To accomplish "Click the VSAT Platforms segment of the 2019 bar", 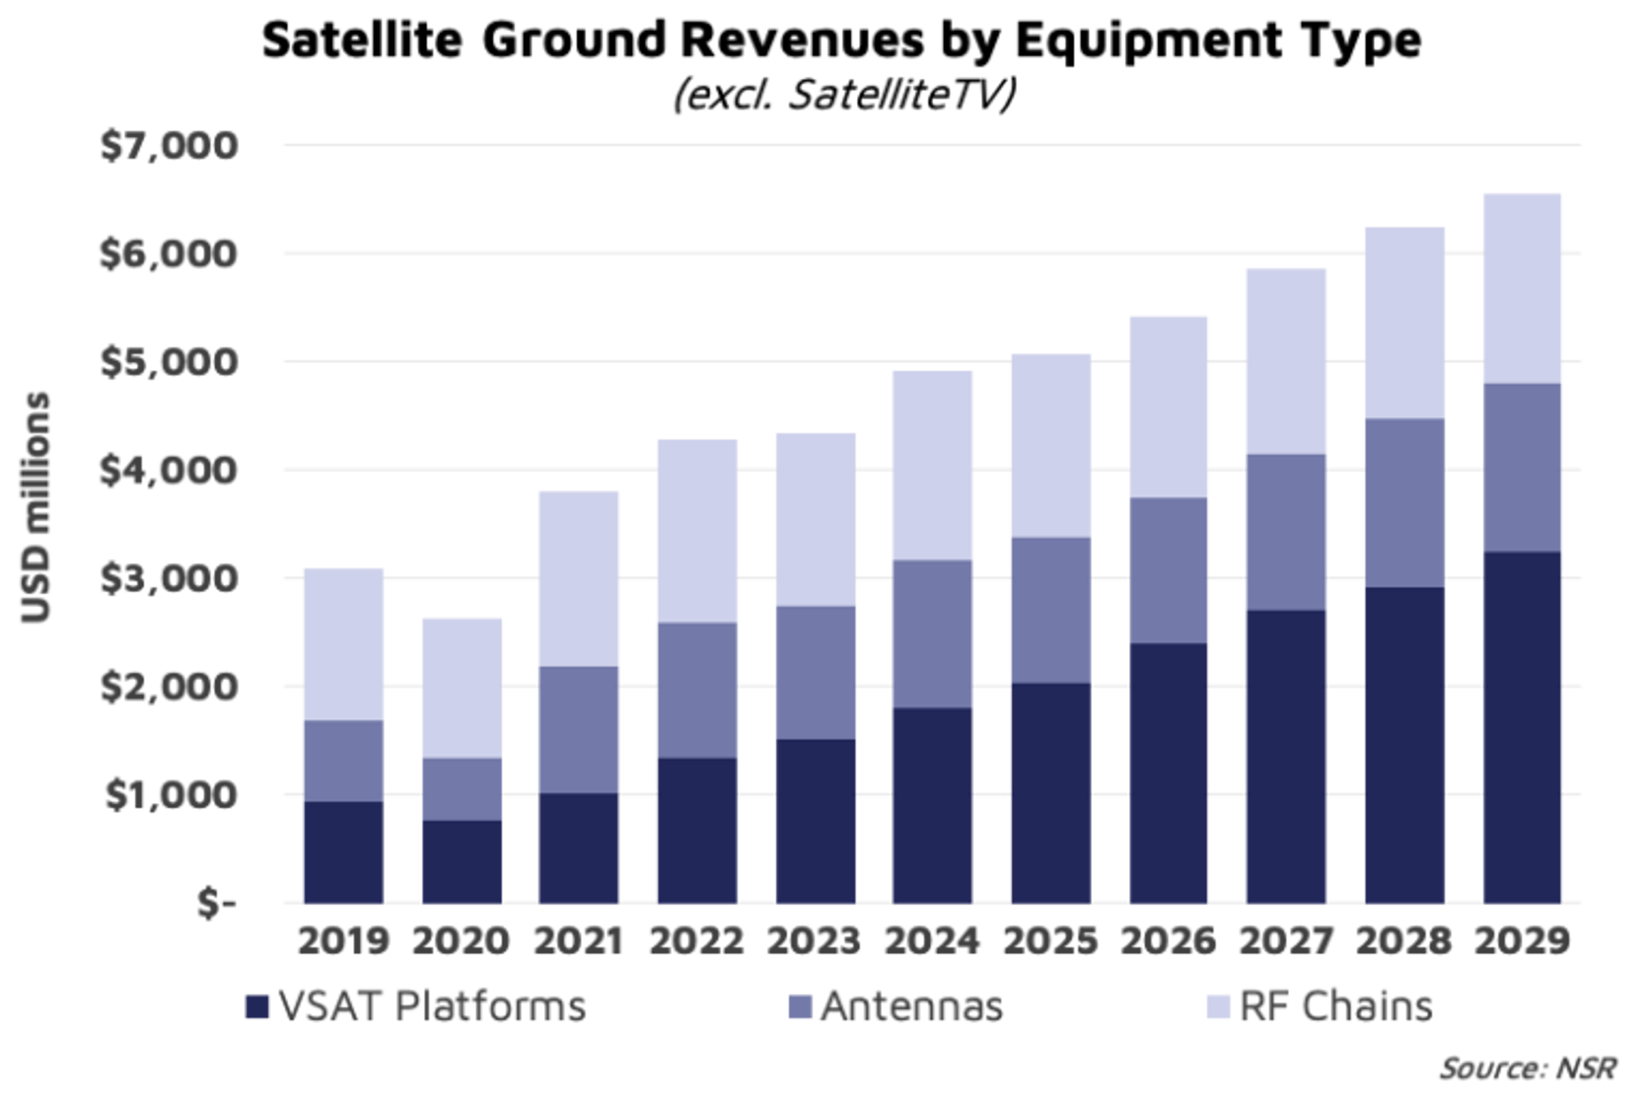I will pyautogui.click(x=343, y=852).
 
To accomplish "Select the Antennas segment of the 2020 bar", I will pyautogui.click(x=463, y=789).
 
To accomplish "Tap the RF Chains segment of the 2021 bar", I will pyautogui.click(x=579, y=577).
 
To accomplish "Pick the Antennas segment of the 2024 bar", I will pyautogui.click(x=933, y=634).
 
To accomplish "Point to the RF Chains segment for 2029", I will pyautogui.click(x=1523, y=287).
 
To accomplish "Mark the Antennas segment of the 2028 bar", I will pyautogui.click(x=1404, y=503).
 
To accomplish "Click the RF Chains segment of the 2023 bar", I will pyautogui.click(x=816, y=517).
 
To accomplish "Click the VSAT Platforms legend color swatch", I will pyautogui.click(x=256, y=1008).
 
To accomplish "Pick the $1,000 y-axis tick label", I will pyautogui.click(x=168, y=795).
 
